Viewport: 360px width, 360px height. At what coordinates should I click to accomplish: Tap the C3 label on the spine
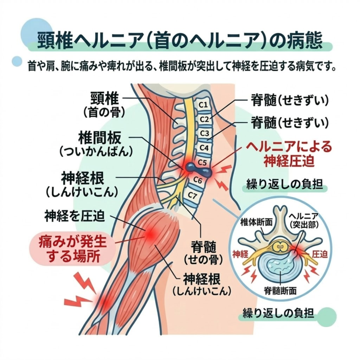204,134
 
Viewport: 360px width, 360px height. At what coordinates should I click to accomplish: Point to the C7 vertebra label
193,194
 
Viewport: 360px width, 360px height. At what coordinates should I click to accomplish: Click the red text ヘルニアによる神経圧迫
289,153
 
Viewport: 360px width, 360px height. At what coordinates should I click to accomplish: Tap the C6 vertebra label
198,181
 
